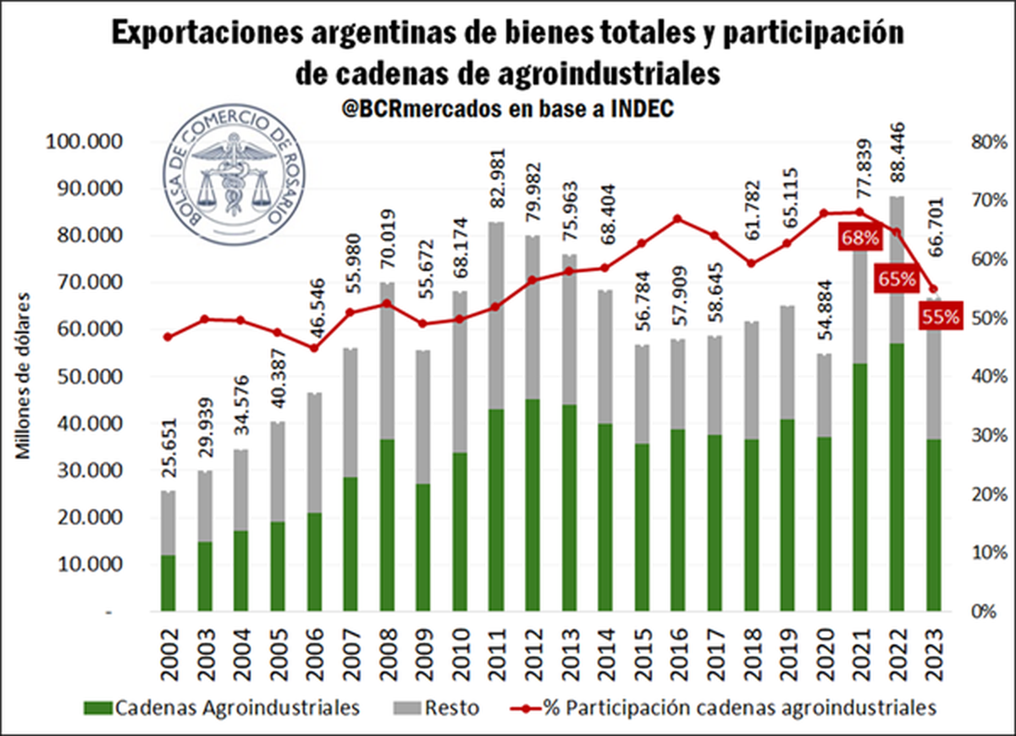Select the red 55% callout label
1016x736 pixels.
(x=941, y=317)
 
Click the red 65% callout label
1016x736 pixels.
(x=897, y=278)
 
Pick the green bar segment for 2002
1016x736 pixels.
(x=168, y=583)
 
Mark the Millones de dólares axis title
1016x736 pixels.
(x=25, y=376)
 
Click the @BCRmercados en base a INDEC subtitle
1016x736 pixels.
(x=509, y=109)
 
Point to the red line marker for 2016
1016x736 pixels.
(x=677, y=219)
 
